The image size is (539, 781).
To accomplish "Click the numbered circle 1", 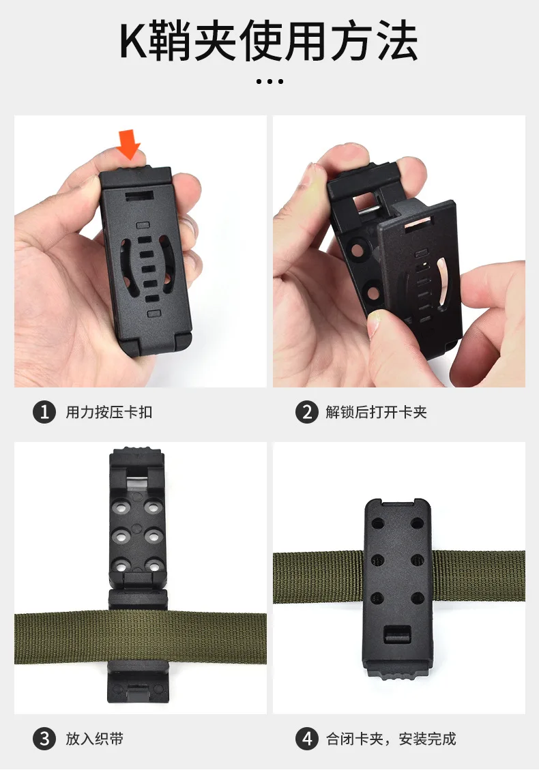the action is point(44,412).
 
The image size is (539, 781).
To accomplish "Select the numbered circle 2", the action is point(306,412).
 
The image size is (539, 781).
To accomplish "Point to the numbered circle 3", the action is point(44,738).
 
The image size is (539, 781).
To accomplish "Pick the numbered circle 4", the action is point(306,738).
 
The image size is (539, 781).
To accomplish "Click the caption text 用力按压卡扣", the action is point(109,413).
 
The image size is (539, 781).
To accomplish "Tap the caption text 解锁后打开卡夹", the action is point(376,413).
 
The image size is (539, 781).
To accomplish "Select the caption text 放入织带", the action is point(95,739).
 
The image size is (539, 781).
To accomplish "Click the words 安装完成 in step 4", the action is point(427,739).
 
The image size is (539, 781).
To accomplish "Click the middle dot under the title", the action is point(269,81).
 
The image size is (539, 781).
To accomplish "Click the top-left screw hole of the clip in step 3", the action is point(121,507).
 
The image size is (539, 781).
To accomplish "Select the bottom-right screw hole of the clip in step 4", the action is point(418,598).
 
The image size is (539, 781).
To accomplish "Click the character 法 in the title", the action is point(397,42).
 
